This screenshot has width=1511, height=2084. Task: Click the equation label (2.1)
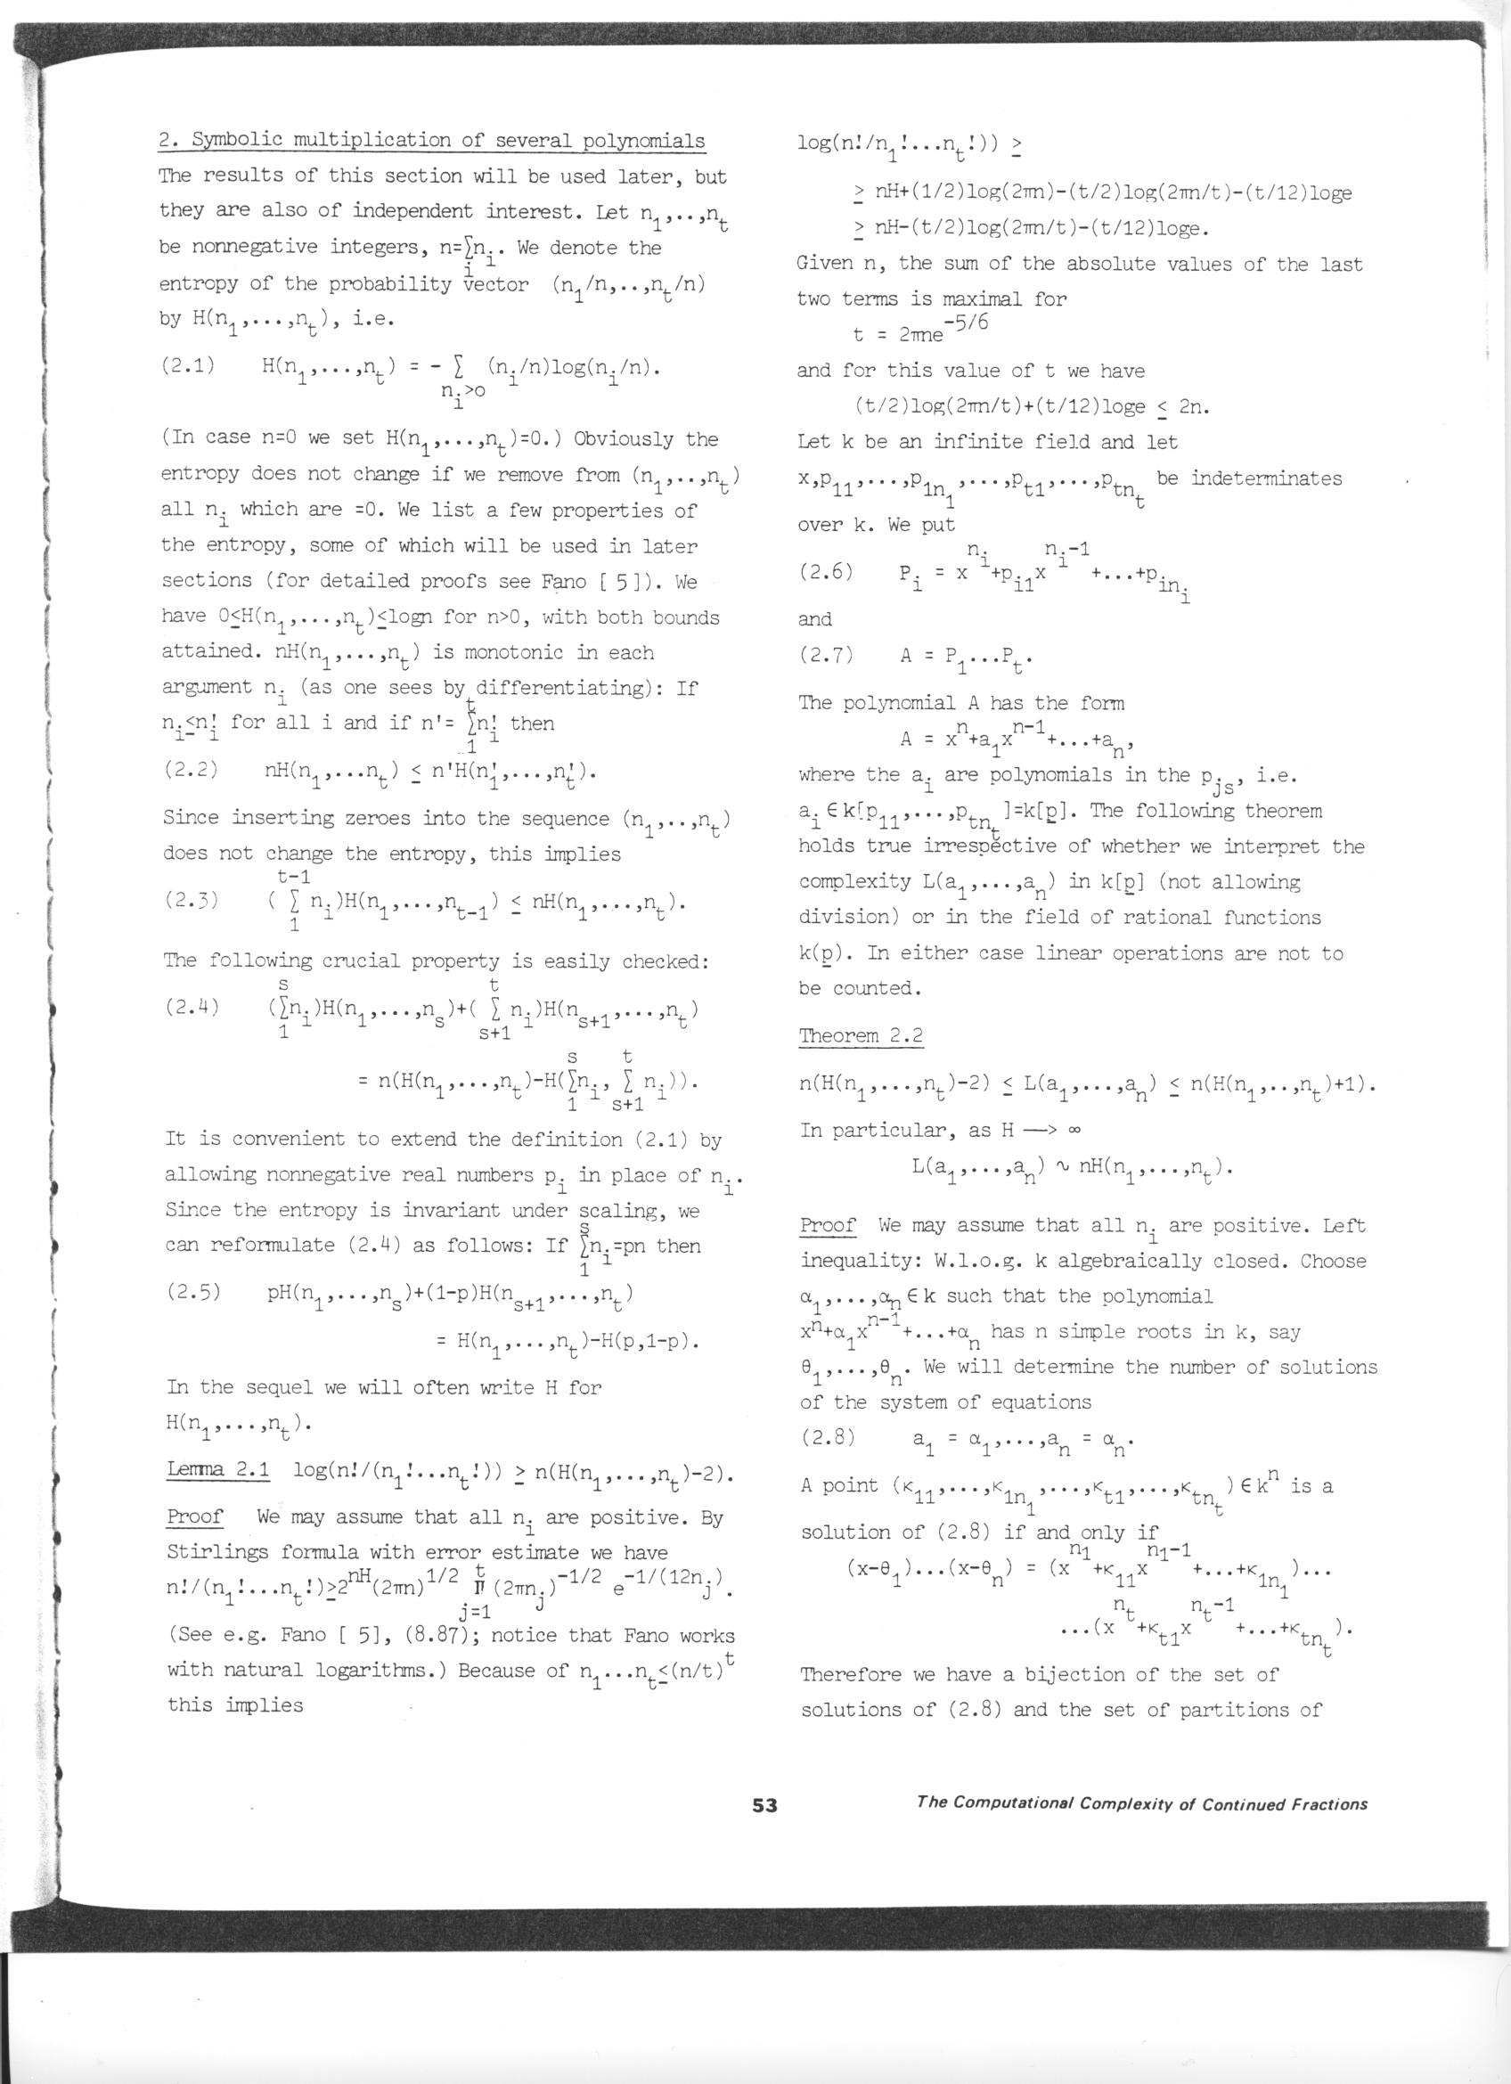pyautogui.click(x=188, y=365)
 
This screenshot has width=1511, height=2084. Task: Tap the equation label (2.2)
pyautogui.click(x=190, y=769)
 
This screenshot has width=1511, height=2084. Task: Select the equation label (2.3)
pyautogui.click(x=191, y=900)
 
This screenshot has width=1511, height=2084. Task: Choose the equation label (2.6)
pyautogui.click(x=826, y=570)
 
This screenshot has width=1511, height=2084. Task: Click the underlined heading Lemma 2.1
pyautogui.click(x=217, y=1469)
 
